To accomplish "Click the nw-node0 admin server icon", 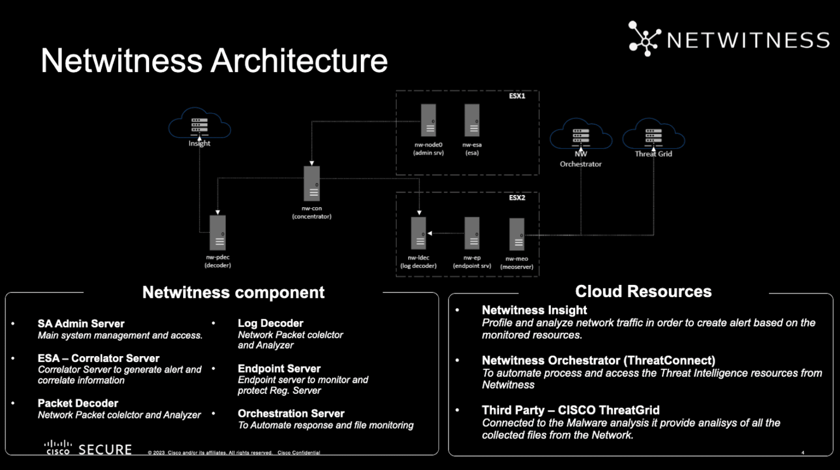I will [428, 120].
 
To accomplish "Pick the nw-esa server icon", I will [472, 120].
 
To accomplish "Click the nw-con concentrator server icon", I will [312, 183].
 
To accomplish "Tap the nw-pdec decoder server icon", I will [218, 233].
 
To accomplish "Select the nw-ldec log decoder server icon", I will [418, 233].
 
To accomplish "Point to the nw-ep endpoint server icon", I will [472, 233].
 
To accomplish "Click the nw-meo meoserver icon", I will [517, 234].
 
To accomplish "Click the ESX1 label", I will [517, 96].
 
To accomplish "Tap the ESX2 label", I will [517, 198].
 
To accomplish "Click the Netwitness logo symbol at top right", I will [645, 39].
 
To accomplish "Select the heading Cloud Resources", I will [643, 291].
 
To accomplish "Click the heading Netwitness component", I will [233, 292].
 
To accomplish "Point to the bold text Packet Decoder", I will [78, 403].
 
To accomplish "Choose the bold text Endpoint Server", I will [279, 368].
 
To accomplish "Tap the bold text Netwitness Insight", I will [534, 310].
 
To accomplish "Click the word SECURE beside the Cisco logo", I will [105, 450].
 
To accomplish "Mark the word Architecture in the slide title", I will [299, 60].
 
